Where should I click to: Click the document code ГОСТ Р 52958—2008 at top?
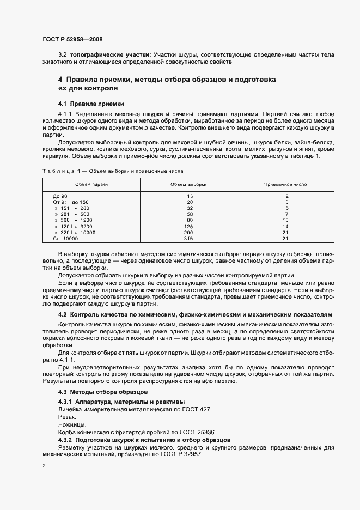tap(72, 39)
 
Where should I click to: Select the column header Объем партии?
tap(91, 184)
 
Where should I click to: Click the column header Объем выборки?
tap(188, 184)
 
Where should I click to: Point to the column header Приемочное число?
tap(286, 184)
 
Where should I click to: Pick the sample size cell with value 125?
tap(190, 226)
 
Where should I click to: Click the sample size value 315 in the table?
tap(190, 239)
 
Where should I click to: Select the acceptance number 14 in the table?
tap(286, 226)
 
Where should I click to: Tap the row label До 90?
tap(60, 196)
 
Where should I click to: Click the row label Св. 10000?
tap(65, 239)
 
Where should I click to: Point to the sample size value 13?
tap(190, 196)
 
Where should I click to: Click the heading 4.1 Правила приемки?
tap(91, 103)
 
